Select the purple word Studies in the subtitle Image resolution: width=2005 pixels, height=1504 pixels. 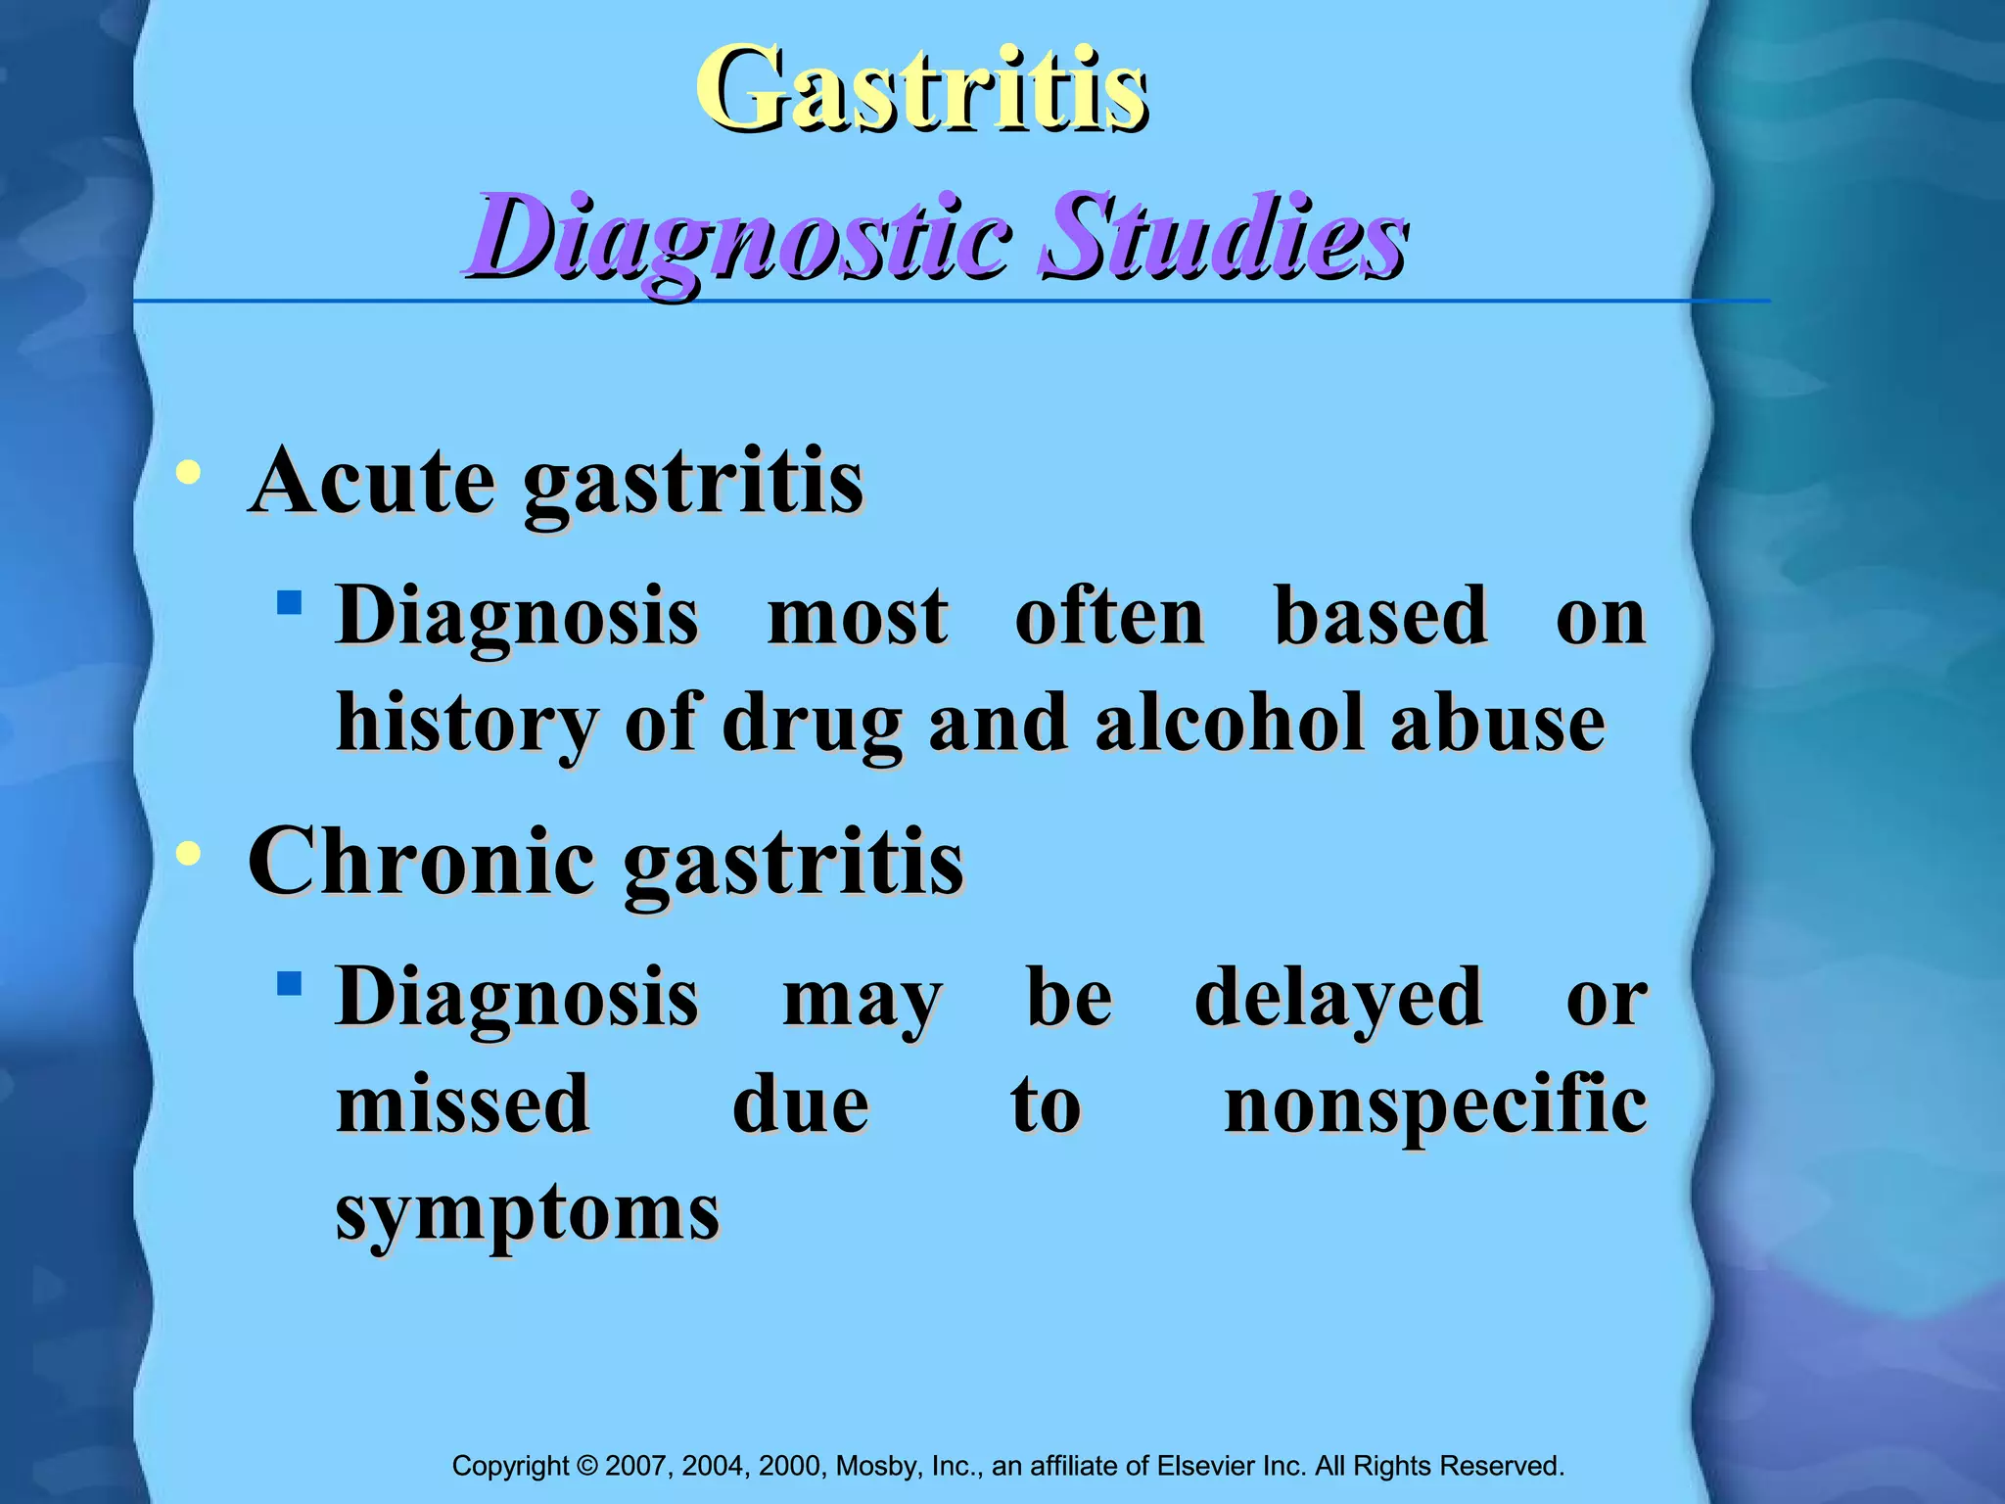pos(1223,238)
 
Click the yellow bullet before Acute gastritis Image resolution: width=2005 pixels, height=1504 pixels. pos(188,475)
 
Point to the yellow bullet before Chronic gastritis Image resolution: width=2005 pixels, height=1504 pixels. pos(188,855)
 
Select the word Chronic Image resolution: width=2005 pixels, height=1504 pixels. pos(422,862)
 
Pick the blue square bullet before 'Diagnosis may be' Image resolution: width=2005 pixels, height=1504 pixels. pos(289,982)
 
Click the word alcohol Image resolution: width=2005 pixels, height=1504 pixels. pos(1229,723)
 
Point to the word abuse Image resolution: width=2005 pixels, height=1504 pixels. pos(1497,723)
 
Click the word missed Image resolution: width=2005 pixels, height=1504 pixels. pos(463,1104)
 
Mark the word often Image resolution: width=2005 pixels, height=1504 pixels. pos(1109,617)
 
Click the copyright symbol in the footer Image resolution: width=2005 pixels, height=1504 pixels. pos(587,1466)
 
